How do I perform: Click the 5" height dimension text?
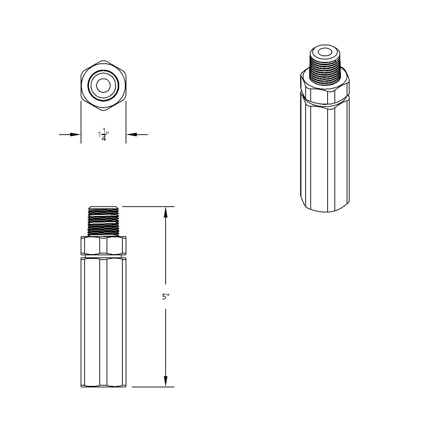pos(166,297)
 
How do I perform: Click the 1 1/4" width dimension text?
pos(103,135)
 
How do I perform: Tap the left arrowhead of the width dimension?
pos(75,135)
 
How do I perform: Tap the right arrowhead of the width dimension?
pos(131,135)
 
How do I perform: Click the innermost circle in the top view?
pos(103,85)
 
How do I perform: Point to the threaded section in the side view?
pos(103,221)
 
